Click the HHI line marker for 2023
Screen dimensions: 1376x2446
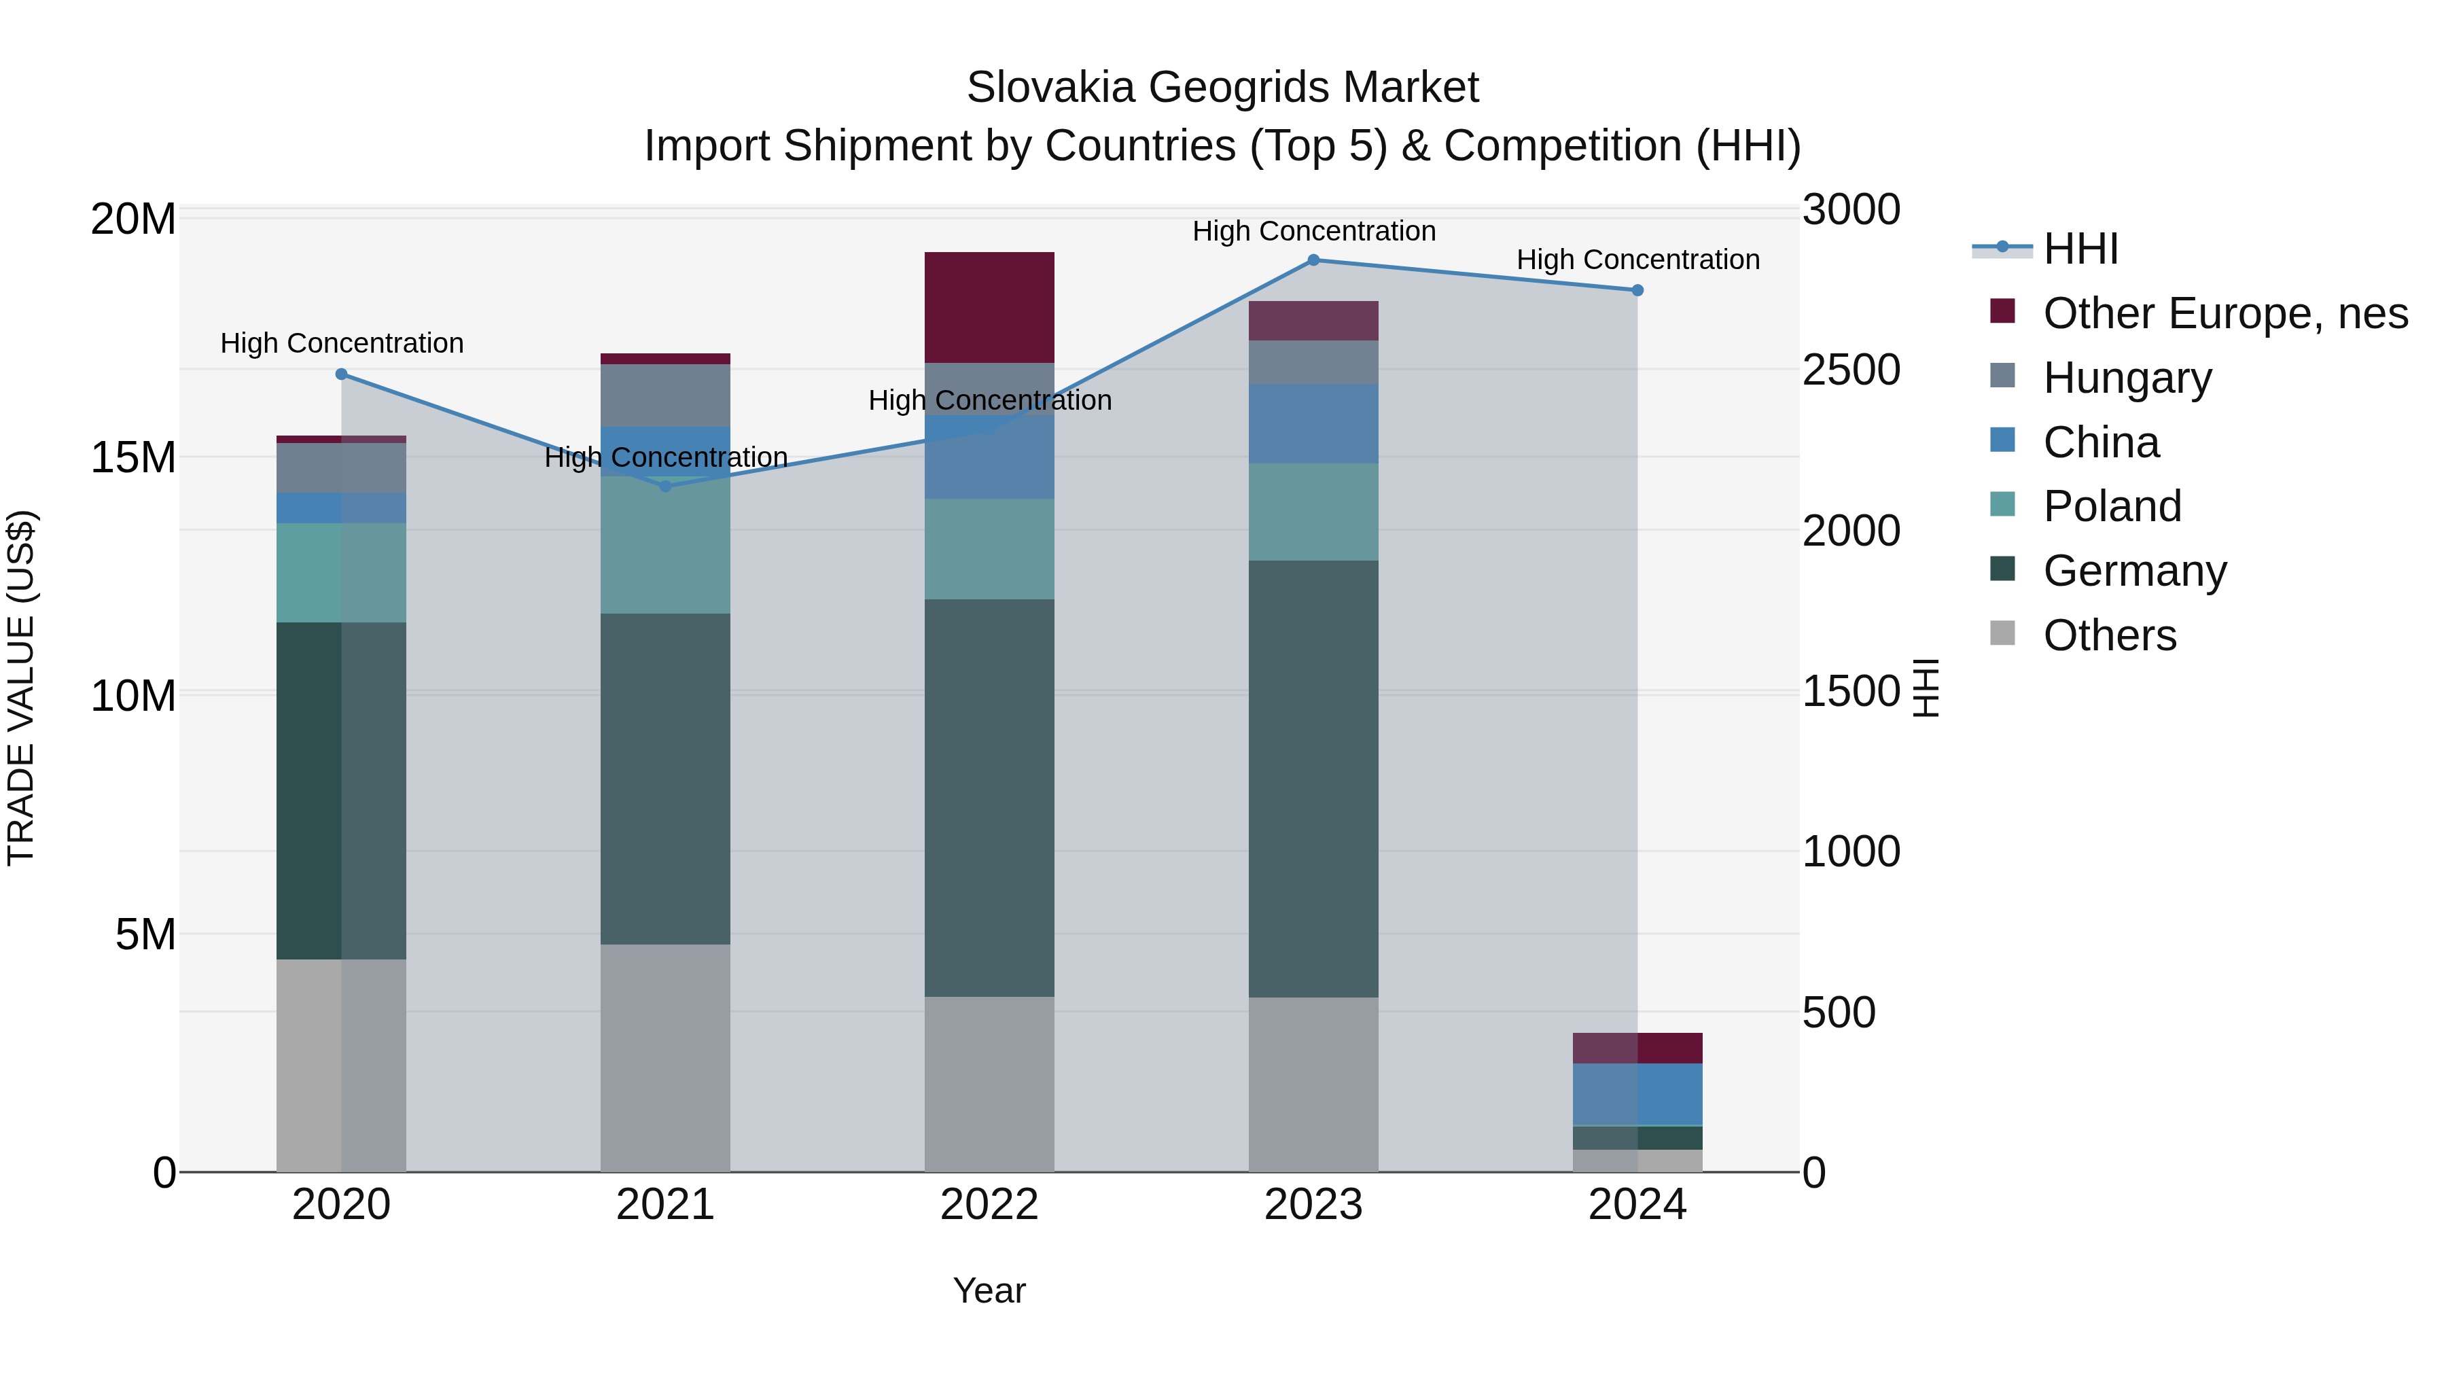[1313, 260]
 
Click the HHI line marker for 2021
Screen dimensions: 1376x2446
[666, 487]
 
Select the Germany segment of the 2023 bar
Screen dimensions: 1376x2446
[1313, 779]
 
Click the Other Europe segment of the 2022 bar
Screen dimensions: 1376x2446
[989, 306]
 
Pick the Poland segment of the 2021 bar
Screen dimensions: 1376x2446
[666, 544]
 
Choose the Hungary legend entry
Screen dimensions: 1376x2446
[2127, 378]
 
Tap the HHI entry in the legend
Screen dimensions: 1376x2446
[2080, 249]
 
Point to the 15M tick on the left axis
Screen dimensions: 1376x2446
[133, 458]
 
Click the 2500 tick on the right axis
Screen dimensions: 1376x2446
[1851, 370]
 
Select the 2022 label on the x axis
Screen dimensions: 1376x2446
[989, 1205]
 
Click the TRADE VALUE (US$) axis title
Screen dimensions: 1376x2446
[21, 688]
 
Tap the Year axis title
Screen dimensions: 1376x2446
[989, 1290]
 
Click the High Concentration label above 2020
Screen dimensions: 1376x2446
[342, 343]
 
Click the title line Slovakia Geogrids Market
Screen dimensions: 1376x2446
[1222, 88]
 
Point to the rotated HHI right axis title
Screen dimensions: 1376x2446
[1926, 688]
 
